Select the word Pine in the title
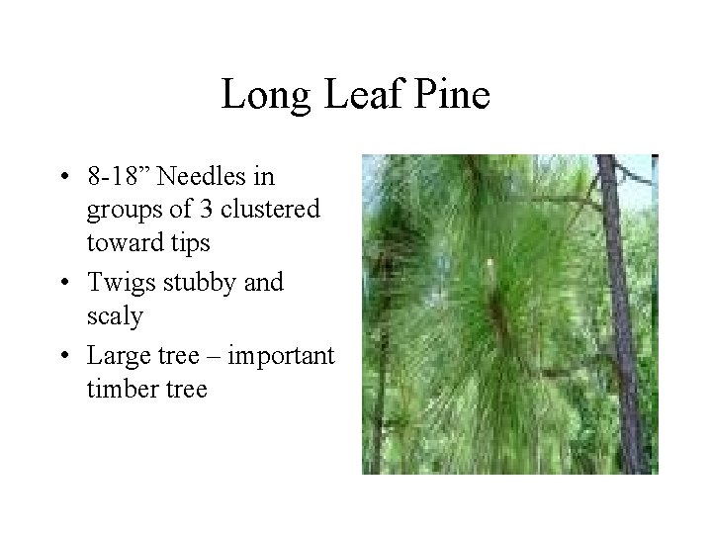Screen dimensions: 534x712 (x=452, y=96)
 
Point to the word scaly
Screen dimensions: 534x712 (x=115, y=316)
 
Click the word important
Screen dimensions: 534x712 (x=282, y=353)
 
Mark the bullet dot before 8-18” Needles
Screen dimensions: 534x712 (x=64, y=179)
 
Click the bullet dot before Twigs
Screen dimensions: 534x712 (x=64, y=283)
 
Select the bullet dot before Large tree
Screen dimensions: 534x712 (x=64, y=354)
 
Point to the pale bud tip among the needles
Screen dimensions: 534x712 (x=489, y=264)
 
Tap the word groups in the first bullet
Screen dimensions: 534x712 (x=120, y=211)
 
